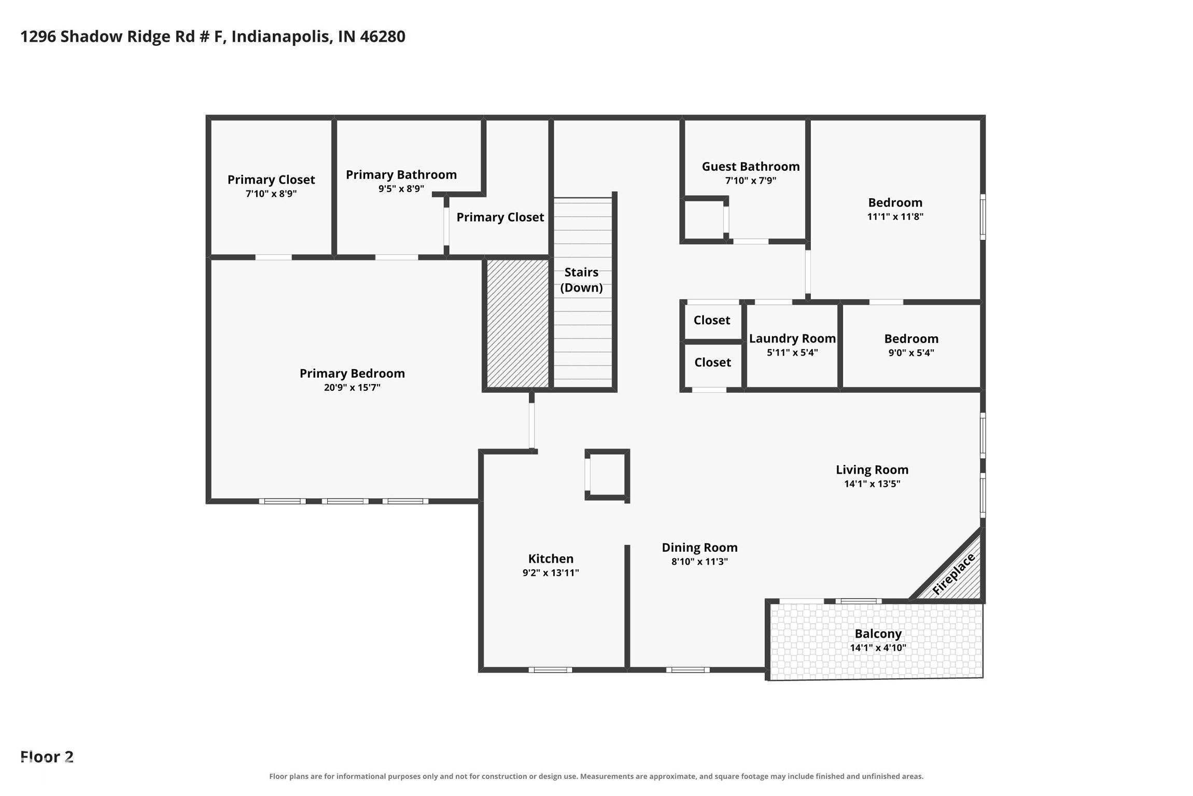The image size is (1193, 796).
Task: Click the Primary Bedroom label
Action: [x=352, y=374]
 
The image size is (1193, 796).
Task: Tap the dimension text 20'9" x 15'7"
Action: [x=352, y=388]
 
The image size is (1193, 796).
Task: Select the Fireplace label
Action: [x=953, y=574]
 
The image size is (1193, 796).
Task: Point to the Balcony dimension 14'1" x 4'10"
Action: [x=878, y=648]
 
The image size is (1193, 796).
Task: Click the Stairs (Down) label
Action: [x=581, y=280]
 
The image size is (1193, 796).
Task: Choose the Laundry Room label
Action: [x=792, y=339]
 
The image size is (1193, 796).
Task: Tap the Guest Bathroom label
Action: [x=751, y=167]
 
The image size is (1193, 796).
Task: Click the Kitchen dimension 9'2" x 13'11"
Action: [x=551, y=573]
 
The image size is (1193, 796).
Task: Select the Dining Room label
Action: [x=699, y=548]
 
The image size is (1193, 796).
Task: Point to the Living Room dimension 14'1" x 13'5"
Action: [x=872, y=484]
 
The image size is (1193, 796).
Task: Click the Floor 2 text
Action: [x=47, y=757]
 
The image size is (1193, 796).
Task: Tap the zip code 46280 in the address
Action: [x=382, y=36]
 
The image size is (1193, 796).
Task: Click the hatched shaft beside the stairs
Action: [x=517, y=323]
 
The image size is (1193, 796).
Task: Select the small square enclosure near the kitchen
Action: [x=607, y=475]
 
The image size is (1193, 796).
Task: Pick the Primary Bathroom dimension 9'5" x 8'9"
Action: [x=401, y=189]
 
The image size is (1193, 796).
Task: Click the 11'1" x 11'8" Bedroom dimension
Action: [x=895, y=217]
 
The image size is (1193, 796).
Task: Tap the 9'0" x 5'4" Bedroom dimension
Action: [x=911, y=353]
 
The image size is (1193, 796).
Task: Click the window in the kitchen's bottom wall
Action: [x=551, y=670]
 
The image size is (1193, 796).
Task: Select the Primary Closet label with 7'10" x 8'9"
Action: [x=271, y=180]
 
